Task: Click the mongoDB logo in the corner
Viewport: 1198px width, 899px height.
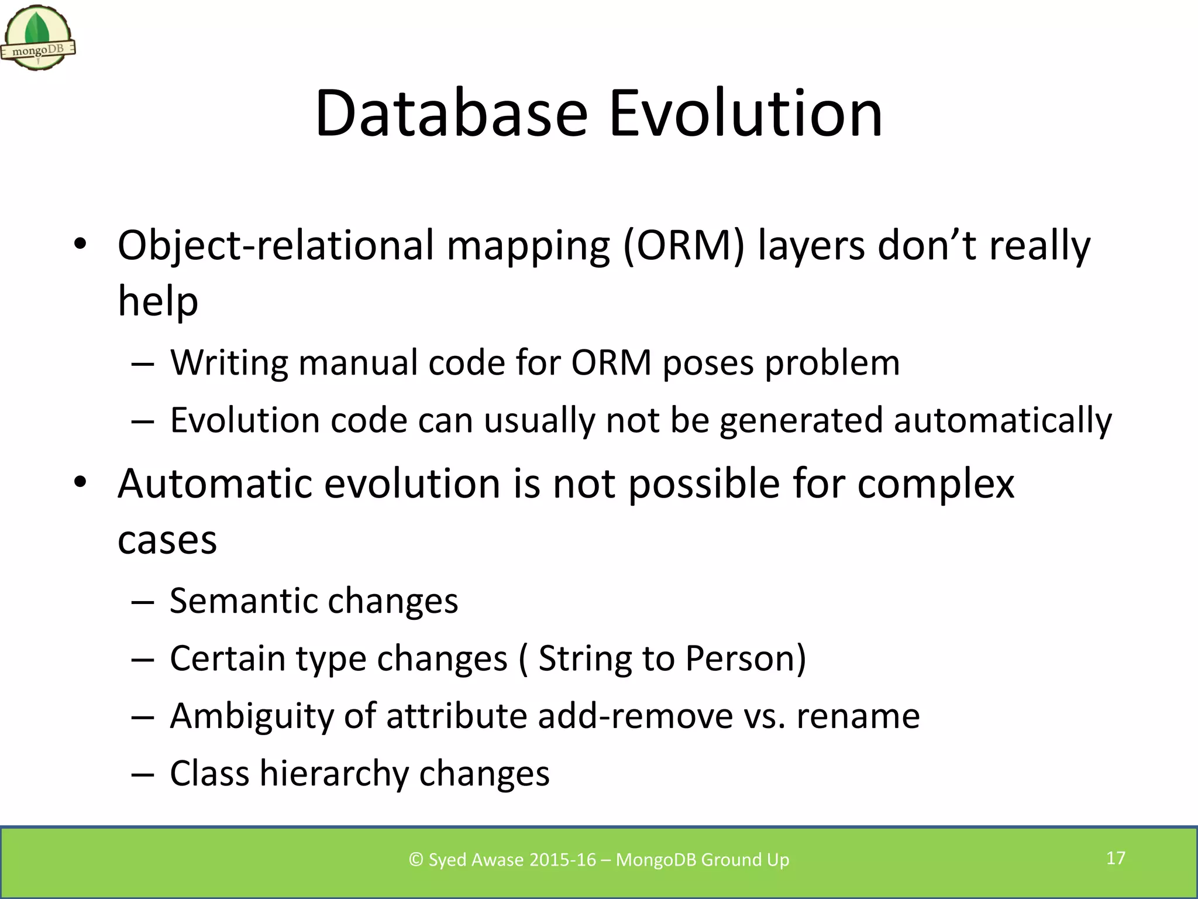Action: (38, 38)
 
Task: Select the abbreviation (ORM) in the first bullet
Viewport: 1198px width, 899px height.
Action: (683, 245)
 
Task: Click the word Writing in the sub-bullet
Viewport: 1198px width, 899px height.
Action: (229, 362)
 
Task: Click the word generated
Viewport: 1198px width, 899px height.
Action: (801, 420)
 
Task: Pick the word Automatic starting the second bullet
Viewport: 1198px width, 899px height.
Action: (215, 483)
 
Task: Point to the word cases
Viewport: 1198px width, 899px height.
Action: (167, 540)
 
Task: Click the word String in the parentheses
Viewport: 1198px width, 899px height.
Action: (585, 658)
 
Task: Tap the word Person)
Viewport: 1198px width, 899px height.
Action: (745, 658)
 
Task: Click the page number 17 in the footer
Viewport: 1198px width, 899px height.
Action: (1116, 858)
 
